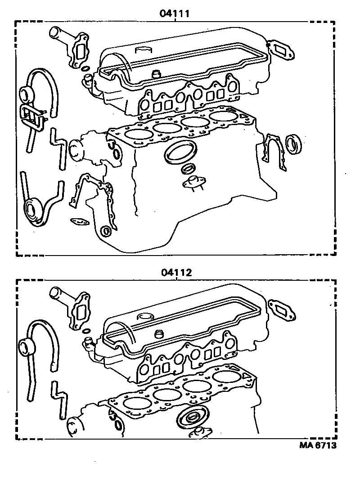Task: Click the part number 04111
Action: (174, 13)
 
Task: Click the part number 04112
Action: (175, 272)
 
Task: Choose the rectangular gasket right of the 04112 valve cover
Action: (282, 310)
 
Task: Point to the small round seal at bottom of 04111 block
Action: (106, 232)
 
